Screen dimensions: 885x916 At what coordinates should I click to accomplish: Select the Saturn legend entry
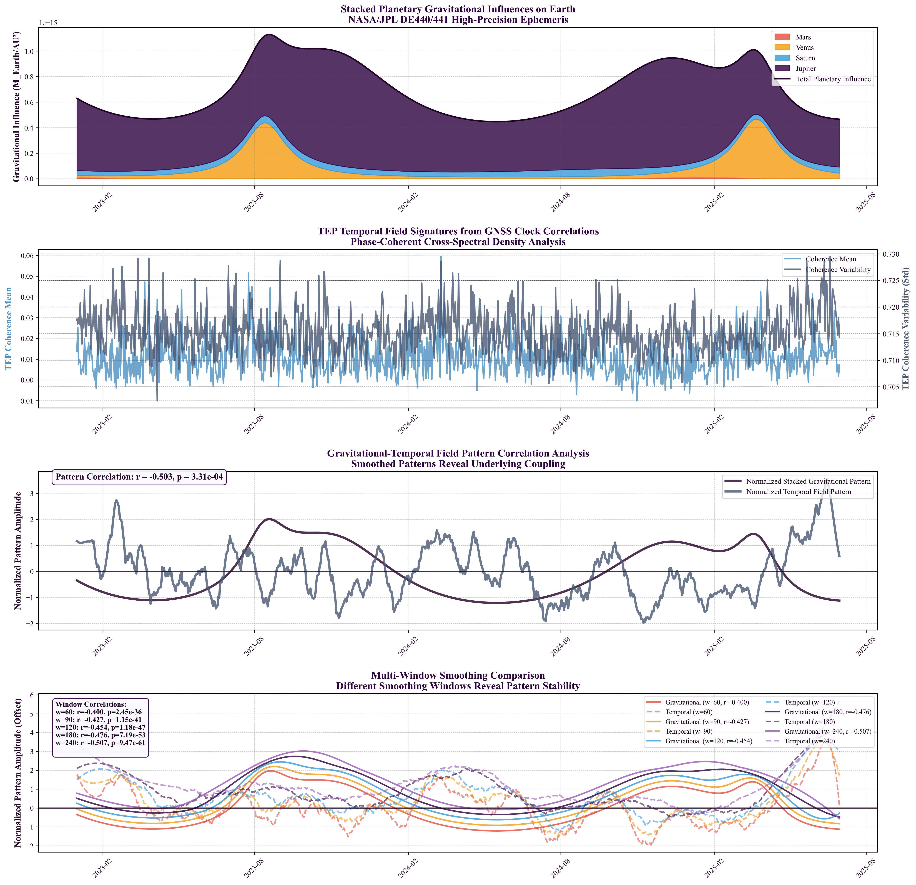[805, 58]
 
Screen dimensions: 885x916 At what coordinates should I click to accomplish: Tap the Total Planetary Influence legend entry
[833, 79]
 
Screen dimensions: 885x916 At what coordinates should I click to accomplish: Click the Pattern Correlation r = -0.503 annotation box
[139, 477]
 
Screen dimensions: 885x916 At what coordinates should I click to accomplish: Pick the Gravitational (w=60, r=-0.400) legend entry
[707, 702]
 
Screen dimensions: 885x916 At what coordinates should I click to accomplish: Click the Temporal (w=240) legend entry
[809, 741]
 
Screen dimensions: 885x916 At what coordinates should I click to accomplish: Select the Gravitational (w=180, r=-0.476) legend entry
[827, 712]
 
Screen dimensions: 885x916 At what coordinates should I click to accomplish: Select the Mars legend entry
[803, 37]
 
